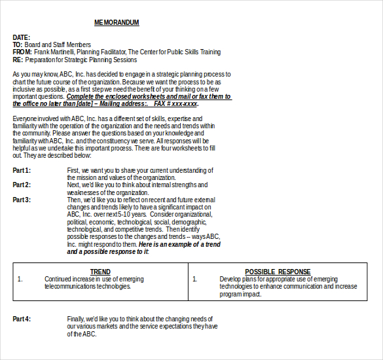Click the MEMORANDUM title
point(117,23)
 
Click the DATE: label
point(22,37)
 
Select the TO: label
point(18,45)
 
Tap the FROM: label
point(22,52)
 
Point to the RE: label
point(18,60)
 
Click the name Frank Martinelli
point(54,52)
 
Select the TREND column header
point(100,272)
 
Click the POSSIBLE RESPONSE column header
point(278,272)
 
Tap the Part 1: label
point(22,170)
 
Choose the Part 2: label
point(22,185)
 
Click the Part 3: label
point(22,200)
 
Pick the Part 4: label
point(22,319)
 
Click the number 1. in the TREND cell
point(20,279)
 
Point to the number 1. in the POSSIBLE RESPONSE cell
point(194,279)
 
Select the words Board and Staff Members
point(58,45)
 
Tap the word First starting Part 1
point(73,170)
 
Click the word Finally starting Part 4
point(76,319)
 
